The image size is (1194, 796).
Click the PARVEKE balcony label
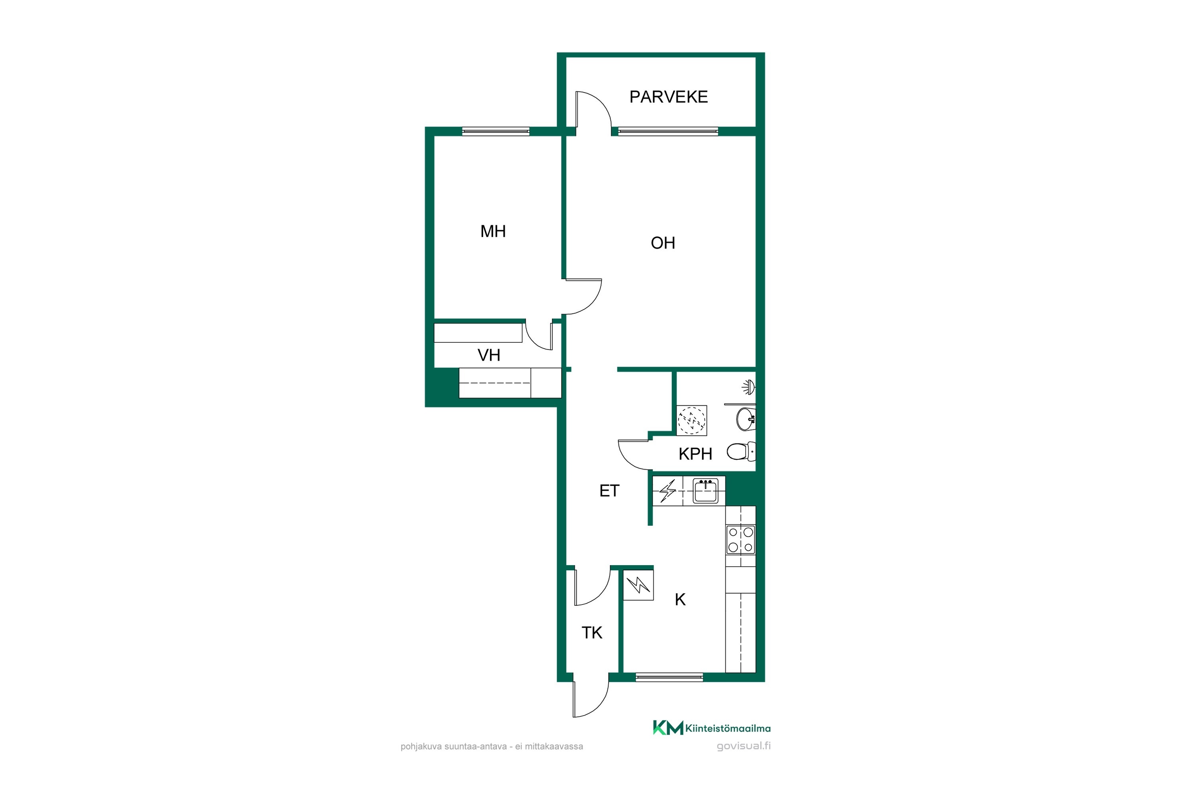tap(669, 97)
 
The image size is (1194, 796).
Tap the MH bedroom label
tap(493, 232)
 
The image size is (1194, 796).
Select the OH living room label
tap(663, 243)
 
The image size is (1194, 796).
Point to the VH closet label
tap(489, 355)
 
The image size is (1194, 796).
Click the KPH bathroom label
tap(695, 454)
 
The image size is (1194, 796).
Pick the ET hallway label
tap(609, 491)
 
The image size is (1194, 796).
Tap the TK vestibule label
tap(592, 633)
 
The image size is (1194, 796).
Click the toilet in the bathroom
tap(741, 451)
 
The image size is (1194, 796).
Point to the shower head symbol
tap(749, 388)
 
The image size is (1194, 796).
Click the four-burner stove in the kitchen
tap(741, 540)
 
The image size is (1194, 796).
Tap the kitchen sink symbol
tap(706, 491)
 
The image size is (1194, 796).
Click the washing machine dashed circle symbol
tap(691, 420)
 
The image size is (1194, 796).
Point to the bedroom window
tap(496, 131)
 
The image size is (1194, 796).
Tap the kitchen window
tap(669, 677)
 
